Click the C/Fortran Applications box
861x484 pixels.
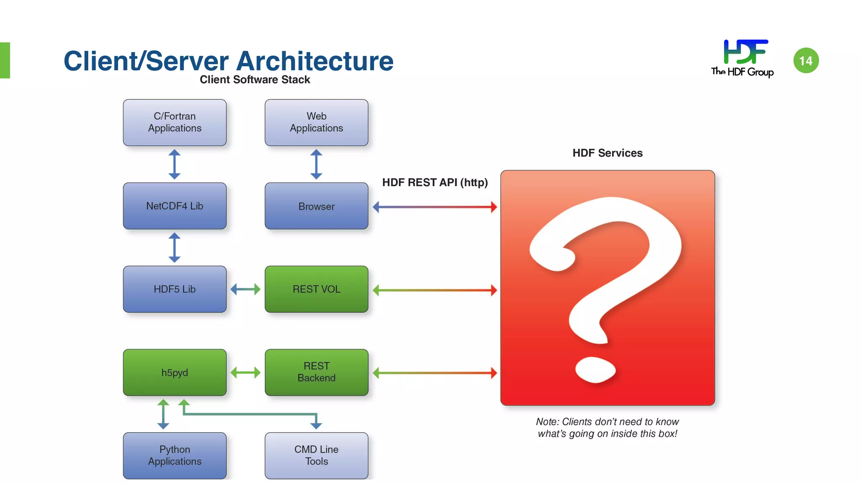174,122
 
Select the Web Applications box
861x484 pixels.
316,122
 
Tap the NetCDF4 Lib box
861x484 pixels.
174,206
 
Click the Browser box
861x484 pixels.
316,206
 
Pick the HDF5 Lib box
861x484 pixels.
174,289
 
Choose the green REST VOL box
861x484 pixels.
316,289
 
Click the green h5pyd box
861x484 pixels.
174,372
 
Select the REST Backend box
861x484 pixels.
316,372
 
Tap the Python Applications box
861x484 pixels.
174,455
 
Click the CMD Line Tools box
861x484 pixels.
316,455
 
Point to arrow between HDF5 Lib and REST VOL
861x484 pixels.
246,289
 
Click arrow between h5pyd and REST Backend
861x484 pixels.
246,372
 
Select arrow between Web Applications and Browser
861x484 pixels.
316,164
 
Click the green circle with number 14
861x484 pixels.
806,60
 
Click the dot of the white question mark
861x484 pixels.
595,370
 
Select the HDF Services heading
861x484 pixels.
607,153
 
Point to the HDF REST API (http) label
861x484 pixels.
435,182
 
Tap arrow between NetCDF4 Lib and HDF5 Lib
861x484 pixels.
174,247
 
